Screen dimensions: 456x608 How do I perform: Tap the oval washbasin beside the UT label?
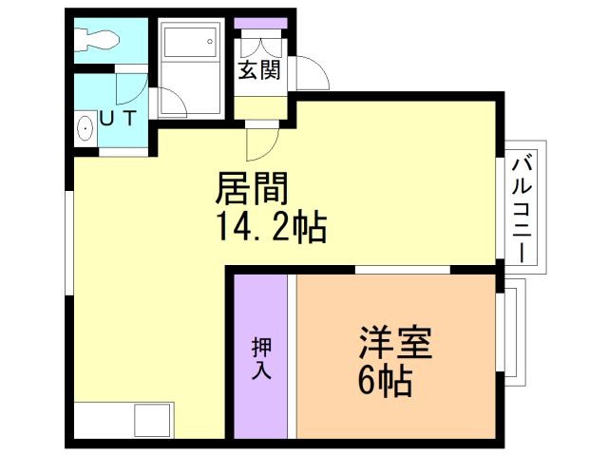83,127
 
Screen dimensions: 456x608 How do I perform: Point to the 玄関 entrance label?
258,69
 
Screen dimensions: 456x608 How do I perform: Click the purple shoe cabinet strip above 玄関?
254,22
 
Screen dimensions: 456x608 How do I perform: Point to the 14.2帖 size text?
273,227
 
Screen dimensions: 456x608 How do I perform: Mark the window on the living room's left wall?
68,243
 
